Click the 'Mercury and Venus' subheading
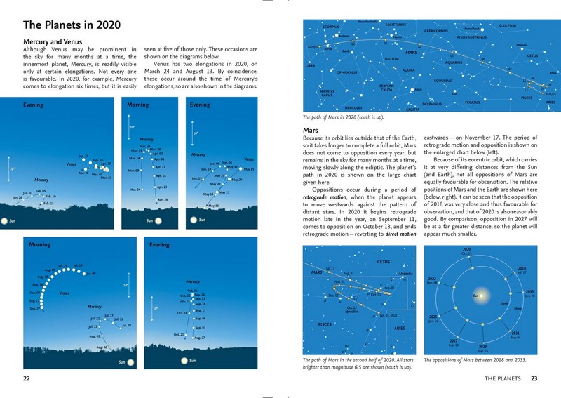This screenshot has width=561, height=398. (54, 41)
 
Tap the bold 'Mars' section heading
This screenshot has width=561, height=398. (311, 131)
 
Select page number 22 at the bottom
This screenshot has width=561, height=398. (26, 379)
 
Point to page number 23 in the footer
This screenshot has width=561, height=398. (534, 379)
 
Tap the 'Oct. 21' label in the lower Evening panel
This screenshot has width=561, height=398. (179, 334)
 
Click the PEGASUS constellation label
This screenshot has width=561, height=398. (471, 102)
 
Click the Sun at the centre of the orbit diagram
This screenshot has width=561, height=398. (475, 296)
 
